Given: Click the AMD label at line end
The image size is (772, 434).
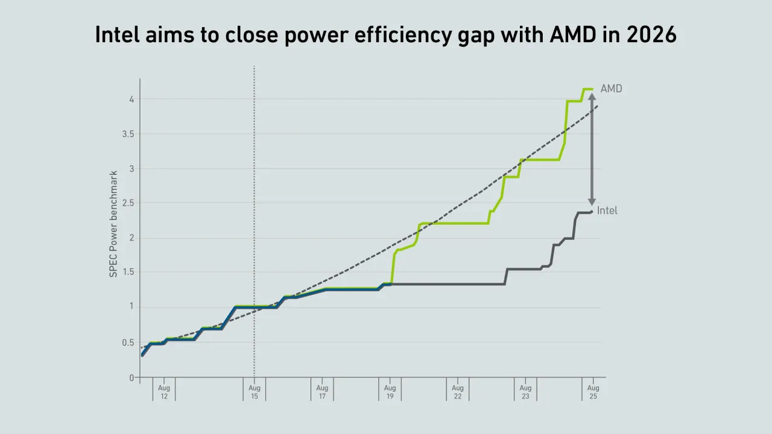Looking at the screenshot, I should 611,89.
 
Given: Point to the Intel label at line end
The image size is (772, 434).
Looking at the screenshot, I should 607,211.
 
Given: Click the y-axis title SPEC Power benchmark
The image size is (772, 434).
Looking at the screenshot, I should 113,224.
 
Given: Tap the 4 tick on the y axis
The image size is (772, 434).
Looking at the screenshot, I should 131,99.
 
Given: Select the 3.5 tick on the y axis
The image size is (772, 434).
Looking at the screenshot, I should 127,134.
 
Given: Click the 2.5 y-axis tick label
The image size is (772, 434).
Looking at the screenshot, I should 127,203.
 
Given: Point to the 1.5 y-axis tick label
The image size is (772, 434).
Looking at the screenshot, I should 127,272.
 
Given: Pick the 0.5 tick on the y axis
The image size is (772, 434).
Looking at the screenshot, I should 127,342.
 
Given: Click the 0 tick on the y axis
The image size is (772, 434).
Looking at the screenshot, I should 131,378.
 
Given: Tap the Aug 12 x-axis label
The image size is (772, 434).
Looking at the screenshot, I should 164,392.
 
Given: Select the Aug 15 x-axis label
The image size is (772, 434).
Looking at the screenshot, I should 255,392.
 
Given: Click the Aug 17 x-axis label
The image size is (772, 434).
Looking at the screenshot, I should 322,392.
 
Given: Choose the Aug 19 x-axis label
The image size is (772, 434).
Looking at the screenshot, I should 390,392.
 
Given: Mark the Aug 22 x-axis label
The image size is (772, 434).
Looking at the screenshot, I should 458,392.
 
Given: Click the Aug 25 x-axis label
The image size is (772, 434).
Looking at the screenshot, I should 593,392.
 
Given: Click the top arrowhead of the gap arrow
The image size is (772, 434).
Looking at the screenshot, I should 592,96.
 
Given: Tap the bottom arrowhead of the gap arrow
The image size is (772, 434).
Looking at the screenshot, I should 592,202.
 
